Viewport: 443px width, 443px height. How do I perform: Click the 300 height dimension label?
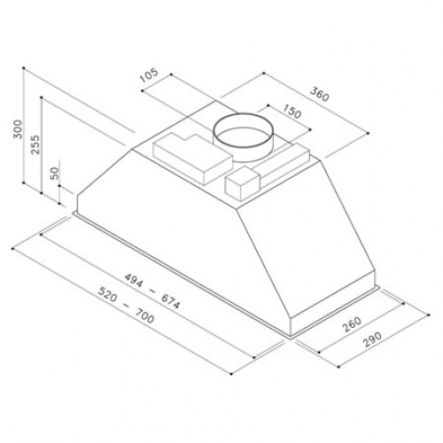[x=18, y=129]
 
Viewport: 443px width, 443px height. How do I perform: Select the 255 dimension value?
[x=35, y=144]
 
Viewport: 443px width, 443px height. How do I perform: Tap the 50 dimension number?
[x=55, y=173]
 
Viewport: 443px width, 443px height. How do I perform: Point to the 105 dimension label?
[x=149, y=74]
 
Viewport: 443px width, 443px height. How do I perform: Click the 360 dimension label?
[x=319, y=94]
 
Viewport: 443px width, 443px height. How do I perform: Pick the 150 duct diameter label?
[x=292, y=112]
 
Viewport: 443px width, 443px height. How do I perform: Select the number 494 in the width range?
[x=134, y=280]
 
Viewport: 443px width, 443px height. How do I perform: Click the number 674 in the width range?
[x=170, y=301]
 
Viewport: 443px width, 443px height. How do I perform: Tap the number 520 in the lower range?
[x=107, y=294]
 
